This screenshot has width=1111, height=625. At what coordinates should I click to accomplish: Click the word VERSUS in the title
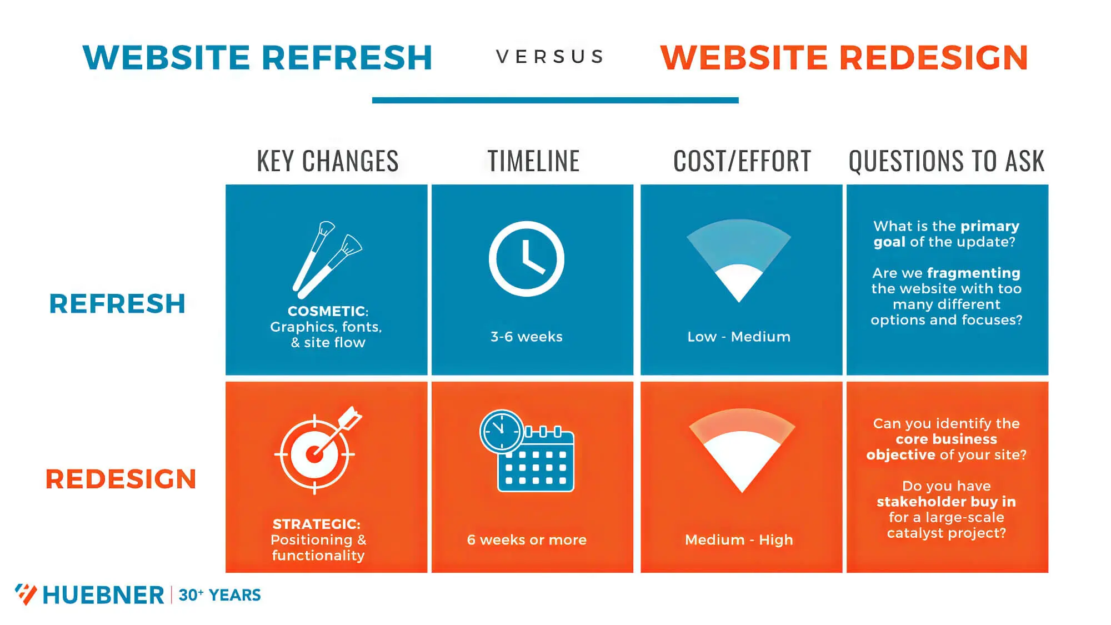point(549,57)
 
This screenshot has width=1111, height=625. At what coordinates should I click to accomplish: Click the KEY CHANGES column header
point(327,161)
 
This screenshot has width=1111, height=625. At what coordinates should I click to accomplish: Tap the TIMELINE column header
point(533,161)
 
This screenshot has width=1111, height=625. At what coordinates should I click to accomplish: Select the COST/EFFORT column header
point(742,161)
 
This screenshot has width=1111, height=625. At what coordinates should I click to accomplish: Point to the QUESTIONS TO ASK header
point(946,161)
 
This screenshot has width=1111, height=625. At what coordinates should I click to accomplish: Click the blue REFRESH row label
point(117,304)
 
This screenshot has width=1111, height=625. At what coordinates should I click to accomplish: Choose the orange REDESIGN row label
point(121,479)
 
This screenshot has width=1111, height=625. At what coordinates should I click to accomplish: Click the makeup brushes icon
point(327,259)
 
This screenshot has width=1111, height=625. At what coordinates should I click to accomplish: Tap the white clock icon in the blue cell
point(526,259)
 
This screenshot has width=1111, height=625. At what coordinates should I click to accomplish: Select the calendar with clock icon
point(527,451)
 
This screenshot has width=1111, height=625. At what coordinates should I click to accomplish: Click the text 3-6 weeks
point(526,337)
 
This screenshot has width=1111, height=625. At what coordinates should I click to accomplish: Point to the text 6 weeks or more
point(527,540)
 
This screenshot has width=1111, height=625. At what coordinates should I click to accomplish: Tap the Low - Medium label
point(739,337)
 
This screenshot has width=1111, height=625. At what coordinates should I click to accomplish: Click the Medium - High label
point(739,540)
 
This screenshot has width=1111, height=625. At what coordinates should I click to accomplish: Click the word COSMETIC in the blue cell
point(327,311)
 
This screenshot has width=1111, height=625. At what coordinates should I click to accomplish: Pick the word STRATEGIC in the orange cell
point(316,524)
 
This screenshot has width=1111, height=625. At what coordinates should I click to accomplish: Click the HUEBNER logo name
point(103,595)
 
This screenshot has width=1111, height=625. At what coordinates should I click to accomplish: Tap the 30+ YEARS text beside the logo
point(219,595)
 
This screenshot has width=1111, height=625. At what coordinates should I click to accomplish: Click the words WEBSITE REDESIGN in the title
point(844,58)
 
